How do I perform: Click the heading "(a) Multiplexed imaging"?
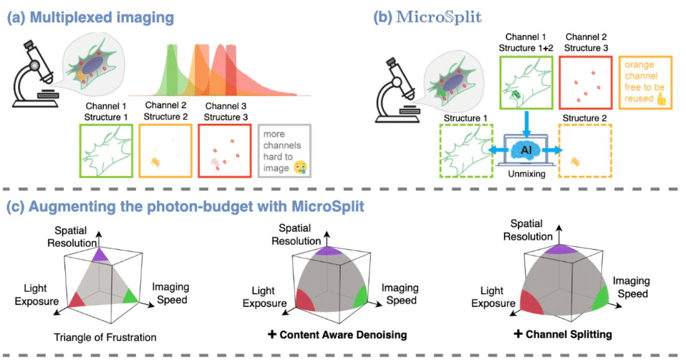[90, 17]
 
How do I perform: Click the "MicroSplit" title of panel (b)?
[438, 17]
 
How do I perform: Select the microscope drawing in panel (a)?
[34, 74]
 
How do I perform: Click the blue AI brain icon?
[526, 150]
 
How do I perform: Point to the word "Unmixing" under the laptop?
[527, 174]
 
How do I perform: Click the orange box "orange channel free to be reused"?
[645, 82]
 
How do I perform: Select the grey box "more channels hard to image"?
[284, 151]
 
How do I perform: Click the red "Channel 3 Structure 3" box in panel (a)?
[225, 151]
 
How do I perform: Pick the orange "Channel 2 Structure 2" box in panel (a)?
[165, 151]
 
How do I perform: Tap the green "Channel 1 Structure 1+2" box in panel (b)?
[527, 83]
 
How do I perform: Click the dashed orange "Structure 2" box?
[585, 151]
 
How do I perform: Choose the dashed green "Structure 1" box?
[466, 151]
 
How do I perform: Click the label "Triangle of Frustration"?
[105, 337]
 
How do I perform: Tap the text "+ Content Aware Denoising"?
[337, 335]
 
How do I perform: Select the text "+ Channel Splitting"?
[563, 334]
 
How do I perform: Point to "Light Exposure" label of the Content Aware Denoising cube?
[265, 297]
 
